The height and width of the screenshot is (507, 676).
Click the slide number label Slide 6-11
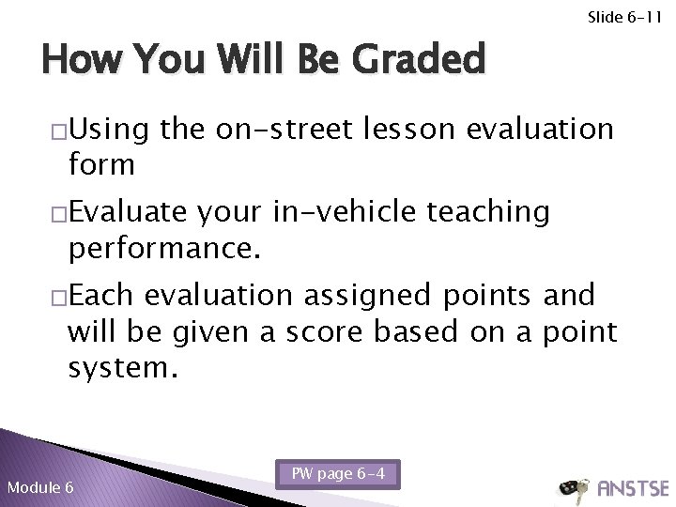pyautogui.click(x=625, y=17)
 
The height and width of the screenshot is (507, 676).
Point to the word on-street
pyautogui.click(x=275, y=129)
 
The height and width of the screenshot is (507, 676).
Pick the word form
pyautogui.click(x=101, y=165)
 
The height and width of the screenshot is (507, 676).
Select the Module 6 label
pyautogui.click(x=40, y=485)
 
